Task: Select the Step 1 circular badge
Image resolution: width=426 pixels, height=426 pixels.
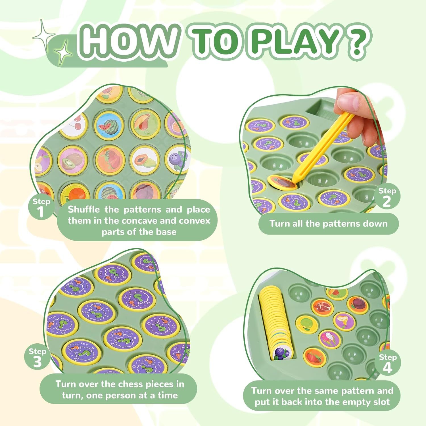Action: (41, 208)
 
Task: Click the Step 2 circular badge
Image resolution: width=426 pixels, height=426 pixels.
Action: (387, 197)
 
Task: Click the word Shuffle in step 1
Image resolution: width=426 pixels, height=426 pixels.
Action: (84, 210)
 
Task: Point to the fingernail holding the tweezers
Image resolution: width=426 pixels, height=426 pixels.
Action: (347, 100)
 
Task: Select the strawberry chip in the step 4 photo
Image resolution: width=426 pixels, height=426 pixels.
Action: (314, 357)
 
